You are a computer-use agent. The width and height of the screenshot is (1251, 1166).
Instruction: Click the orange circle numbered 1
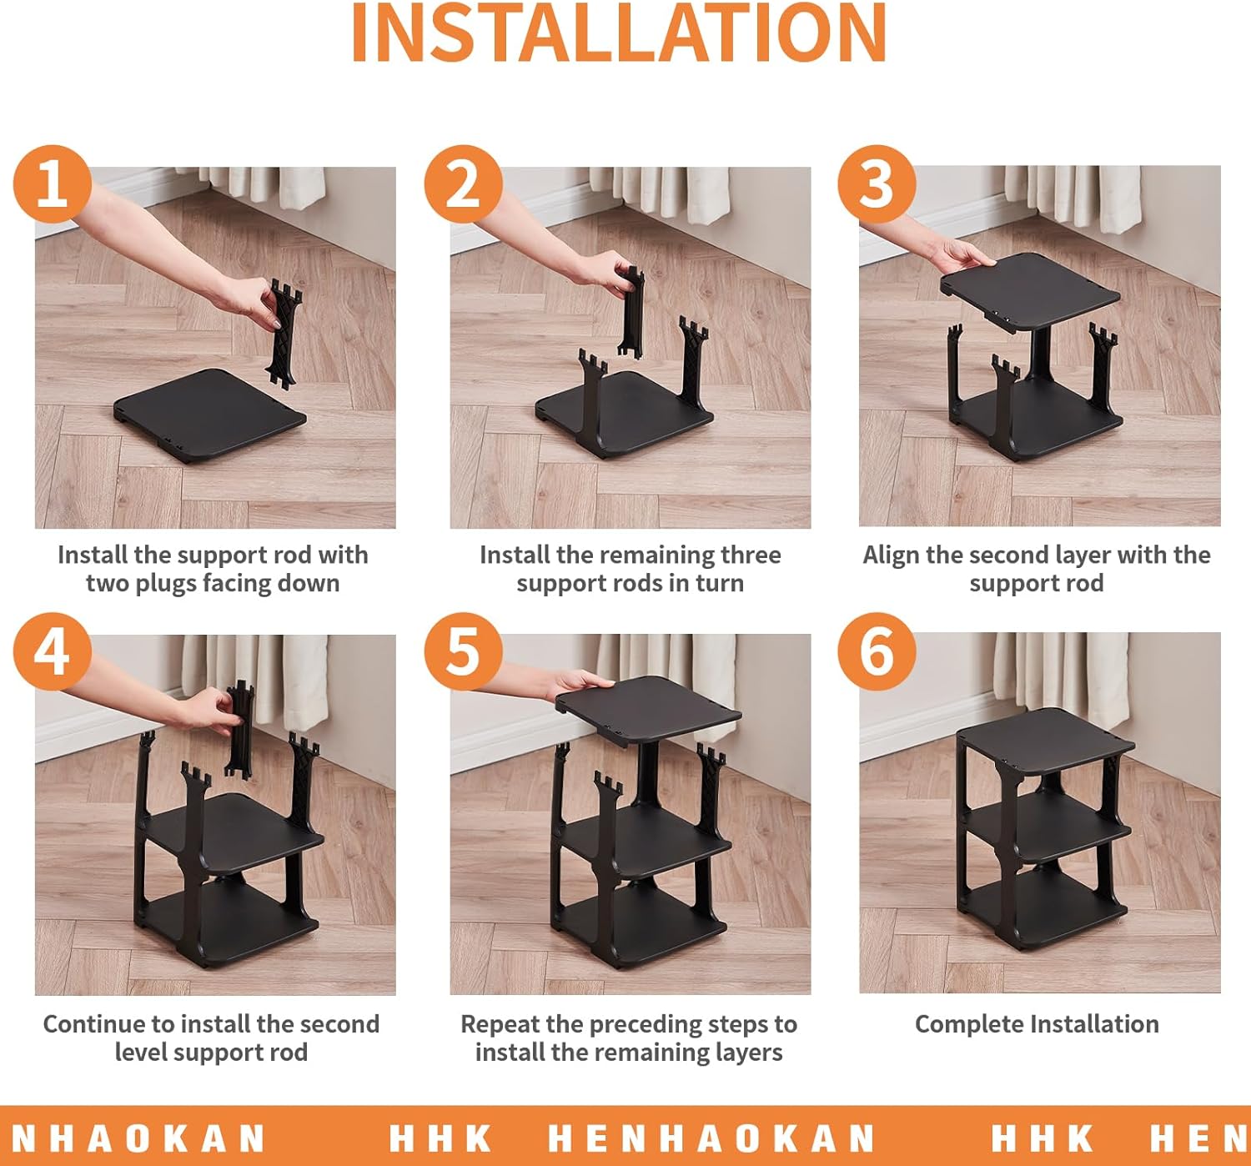53,184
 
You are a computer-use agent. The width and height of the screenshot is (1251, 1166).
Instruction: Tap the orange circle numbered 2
463,184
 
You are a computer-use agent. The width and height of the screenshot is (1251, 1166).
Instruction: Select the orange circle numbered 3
877,184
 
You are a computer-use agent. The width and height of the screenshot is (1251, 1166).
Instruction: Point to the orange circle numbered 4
53,651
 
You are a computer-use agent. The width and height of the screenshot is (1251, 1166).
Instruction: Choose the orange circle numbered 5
463,651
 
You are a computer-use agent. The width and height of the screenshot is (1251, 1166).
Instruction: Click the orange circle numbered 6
877,651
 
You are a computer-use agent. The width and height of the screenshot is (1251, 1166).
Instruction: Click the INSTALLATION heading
619,33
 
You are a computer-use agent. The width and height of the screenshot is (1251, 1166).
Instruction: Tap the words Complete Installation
1037,1024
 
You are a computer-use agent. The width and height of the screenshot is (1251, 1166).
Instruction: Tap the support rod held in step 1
284,333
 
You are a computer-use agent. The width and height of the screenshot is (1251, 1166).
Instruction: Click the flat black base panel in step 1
210,414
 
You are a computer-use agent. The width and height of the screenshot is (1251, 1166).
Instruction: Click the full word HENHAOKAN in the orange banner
711,1138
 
